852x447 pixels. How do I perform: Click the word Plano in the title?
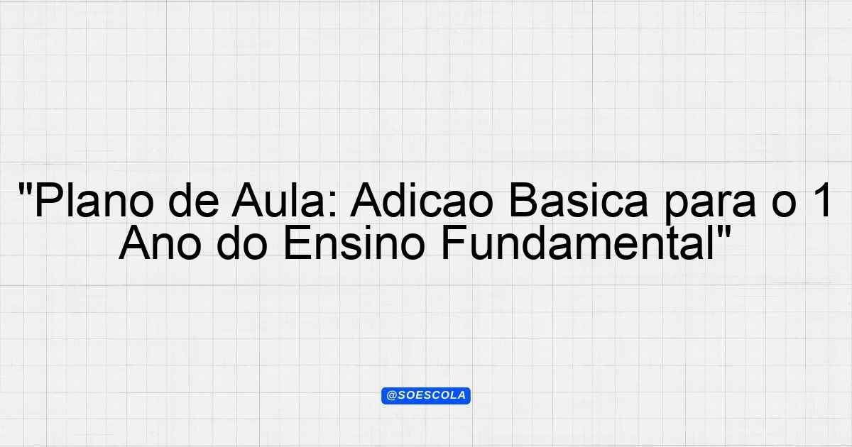coord(94,200)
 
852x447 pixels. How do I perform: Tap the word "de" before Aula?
coord(194,200)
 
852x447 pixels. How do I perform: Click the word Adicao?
coord(422,200)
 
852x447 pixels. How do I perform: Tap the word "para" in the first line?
coord(710,204)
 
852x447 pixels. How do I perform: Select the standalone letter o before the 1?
coord(785,205)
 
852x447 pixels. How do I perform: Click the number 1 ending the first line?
coord(822,200)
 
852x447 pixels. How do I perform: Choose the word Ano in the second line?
coord(160,243)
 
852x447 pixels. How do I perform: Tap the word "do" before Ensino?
coord(241,243)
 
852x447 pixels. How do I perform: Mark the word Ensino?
coord(354,243)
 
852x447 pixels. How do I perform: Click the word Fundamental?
coord(577,243)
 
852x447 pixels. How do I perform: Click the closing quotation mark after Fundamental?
coord(723,232)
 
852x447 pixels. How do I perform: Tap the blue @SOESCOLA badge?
coord(426,396)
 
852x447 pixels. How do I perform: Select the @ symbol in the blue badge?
coord(391,396)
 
